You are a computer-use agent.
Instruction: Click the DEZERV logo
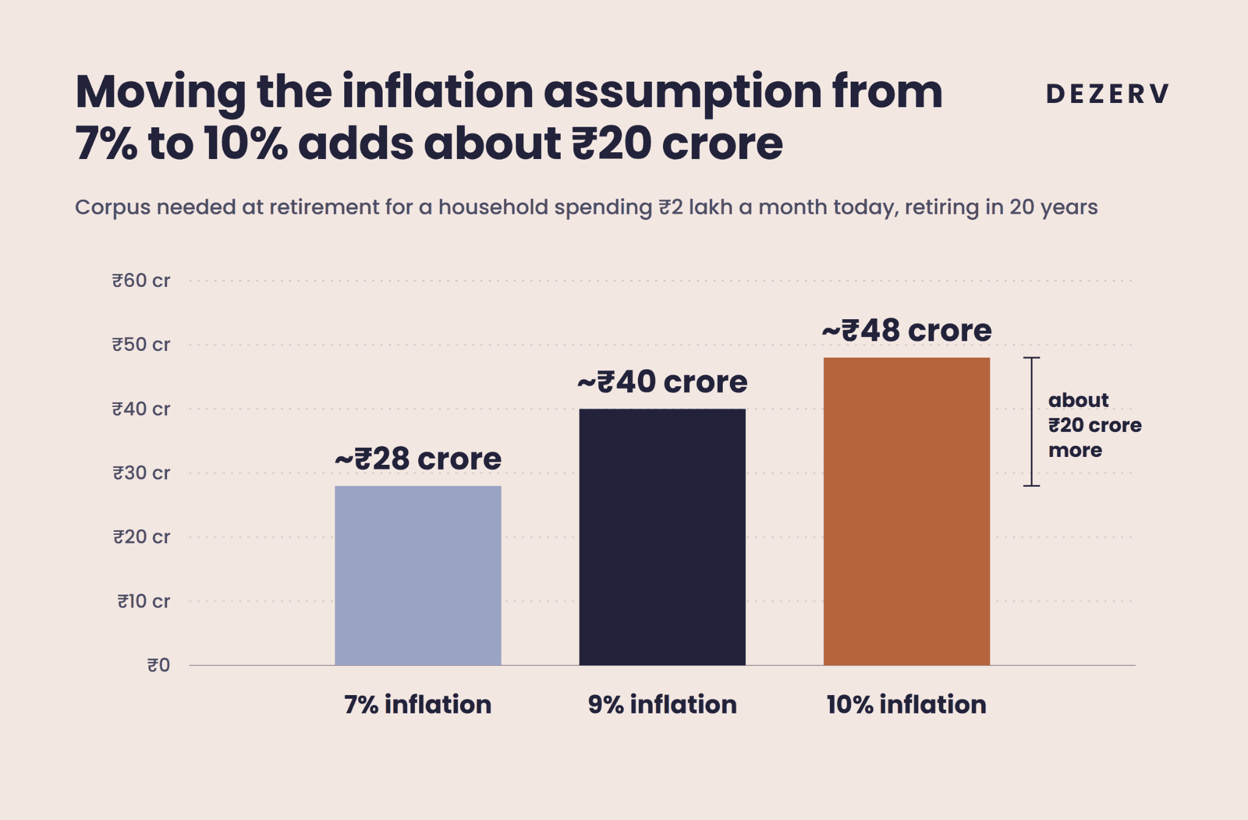(1107, 94)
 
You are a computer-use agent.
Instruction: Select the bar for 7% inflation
(418, 575)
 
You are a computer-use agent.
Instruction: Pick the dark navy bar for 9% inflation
(662, 537)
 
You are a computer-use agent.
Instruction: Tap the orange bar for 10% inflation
(907, 511)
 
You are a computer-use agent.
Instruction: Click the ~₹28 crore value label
(418, 459)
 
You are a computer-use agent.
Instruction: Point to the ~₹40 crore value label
(662, 382)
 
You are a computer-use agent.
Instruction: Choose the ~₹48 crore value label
(907, 331)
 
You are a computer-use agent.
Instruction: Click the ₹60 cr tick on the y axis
(141, 281)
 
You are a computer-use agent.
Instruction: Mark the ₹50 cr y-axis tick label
(141, 345)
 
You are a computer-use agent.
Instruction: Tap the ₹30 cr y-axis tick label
(141, 473)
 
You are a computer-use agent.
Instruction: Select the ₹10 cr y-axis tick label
(144, 602)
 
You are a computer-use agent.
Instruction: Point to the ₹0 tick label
(158, 665)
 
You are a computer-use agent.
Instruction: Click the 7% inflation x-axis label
(418, 705)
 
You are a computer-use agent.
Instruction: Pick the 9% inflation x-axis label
(662, 705)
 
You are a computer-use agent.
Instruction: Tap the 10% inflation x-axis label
(907, 705)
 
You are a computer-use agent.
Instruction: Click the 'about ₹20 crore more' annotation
(1095, 425)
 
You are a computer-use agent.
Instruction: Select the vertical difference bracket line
(1032, 422)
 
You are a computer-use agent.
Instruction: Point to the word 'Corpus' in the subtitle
(113, 208)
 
